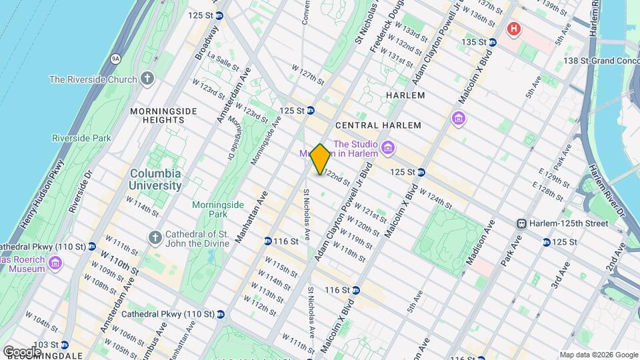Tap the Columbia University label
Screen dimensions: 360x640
(155, 179)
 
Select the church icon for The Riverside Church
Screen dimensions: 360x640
(147, 79)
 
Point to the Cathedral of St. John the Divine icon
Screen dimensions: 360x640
(155, 237)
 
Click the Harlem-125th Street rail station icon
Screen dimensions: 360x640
(523, 223)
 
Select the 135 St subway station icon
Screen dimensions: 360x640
(491, 42)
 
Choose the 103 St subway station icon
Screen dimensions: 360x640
(64, 345)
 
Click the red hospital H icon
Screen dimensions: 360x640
(513, 29)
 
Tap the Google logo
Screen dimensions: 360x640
(22, 351)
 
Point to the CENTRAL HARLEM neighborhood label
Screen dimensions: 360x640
(378, 125)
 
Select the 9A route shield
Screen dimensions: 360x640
(115, 59)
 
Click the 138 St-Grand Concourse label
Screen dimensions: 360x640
(597, 61)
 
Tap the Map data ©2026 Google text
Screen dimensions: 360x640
(598, 354)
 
